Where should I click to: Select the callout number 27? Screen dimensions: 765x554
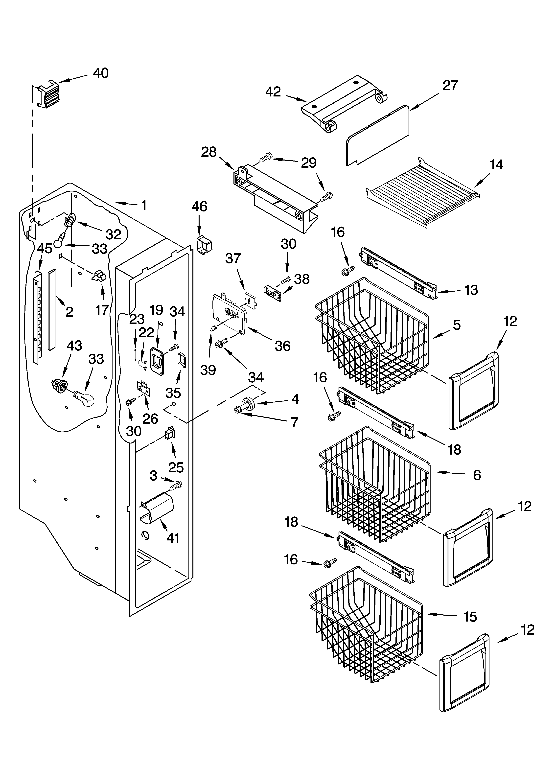tap(450, 85)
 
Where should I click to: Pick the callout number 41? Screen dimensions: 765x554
tap(173, 538)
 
